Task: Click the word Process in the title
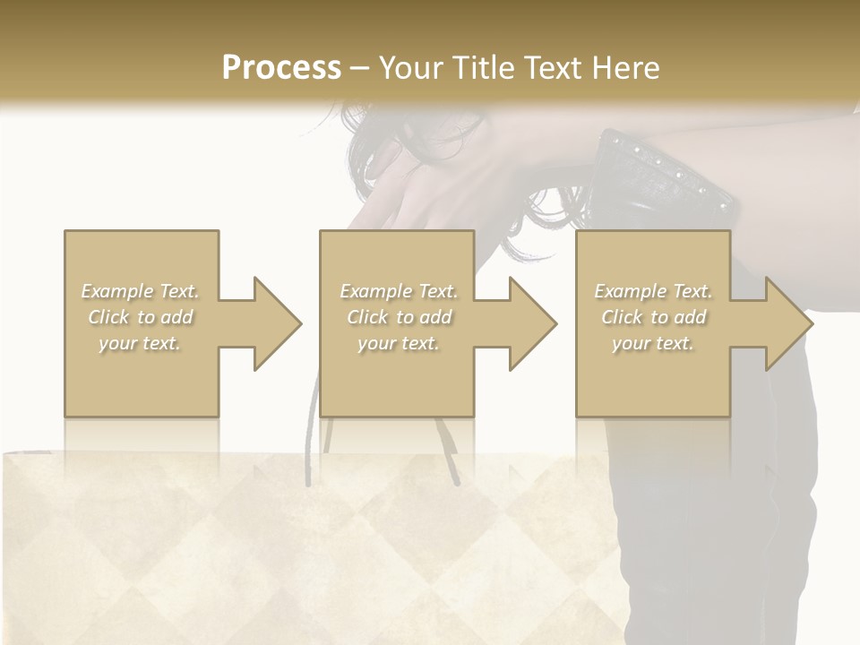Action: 281,68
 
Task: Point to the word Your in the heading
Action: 410,68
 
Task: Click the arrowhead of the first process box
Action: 274,323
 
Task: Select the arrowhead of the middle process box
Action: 529,323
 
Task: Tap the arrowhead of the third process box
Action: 786,323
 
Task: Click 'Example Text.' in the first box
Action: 141,291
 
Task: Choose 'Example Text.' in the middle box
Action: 399,291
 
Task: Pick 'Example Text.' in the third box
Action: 653,291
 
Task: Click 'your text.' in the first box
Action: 141,343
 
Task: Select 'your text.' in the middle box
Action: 399,343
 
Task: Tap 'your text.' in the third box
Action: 653,343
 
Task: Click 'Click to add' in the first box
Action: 141,317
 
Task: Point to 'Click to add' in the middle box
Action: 399,317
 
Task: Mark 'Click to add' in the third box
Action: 653,317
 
